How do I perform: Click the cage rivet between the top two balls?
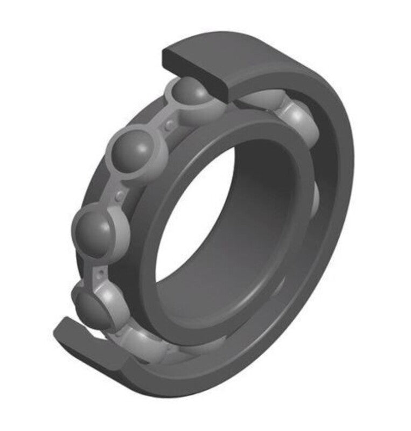click(170, 124)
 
